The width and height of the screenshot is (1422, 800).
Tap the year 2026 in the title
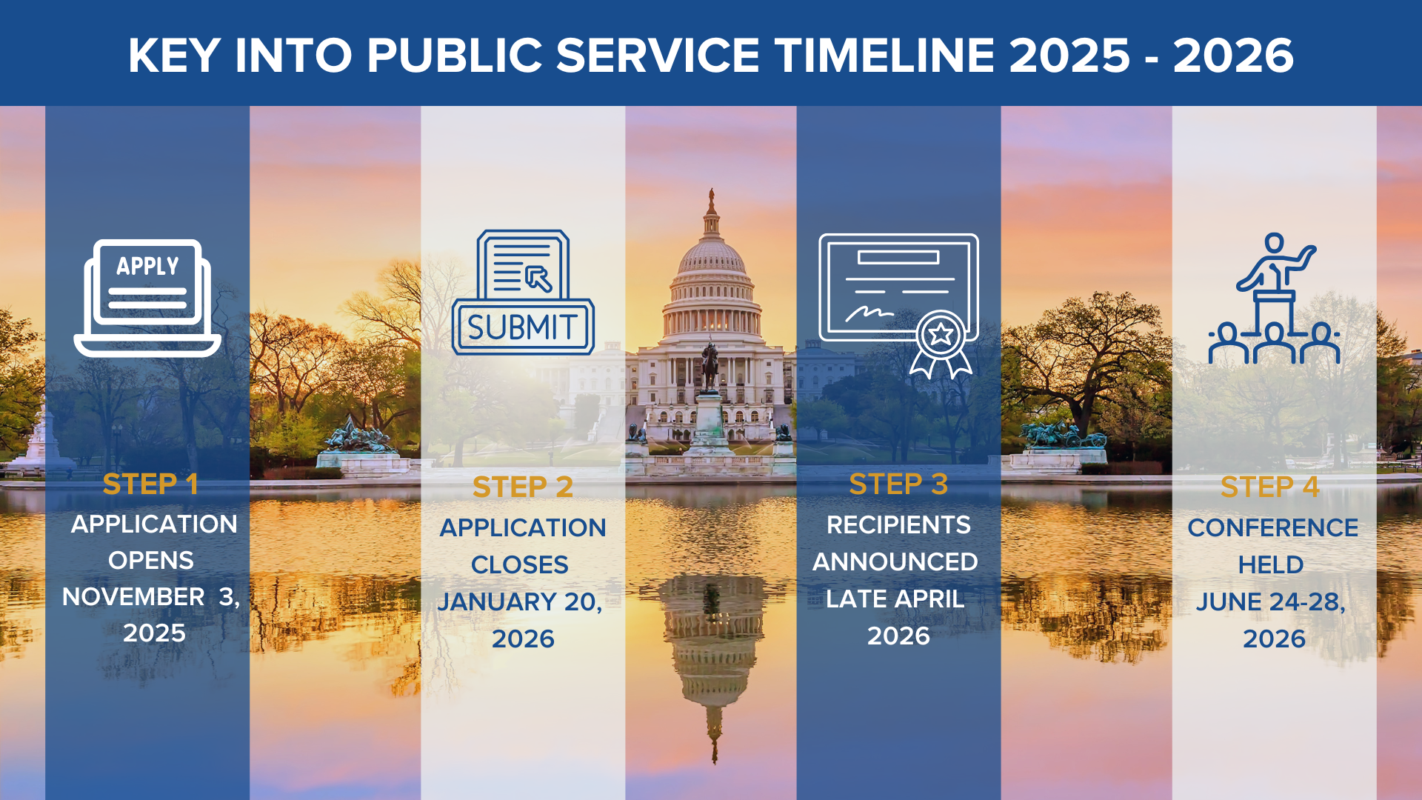(x=1233, y=56)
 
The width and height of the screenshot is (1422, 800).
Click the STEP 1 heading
(x=150, y=484)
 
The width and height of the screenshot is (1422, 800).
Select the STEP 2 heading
(x=523, y=487)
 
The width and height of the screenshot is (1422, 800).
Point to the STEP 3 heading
(x=898, y=484)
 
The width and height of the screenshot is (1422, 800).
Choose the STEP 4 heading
(x=1269, y=487)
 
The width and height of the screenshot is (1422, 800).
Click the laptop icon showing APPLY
(x=147, y=296)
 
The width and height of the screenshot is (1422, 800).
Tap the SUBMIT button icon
(x=523, y=327)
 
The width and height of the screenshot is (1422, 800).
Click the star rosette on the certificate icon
(x=941, y=336)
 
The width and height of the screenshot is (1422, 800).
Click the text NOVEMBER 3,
(x=151, y=597)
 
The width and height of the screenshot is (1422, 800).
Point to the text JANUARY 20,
(x=520, y=602)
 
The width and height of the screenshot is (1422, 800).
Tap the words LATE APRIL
(x=895, y=599)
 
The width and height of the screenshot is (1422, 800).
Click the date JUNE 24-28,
(x=1271, y=602)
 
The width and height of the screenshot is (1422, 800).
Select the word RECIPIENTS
(x=898, y=525)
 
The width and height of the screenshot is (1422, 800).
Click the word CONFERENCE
(x=1272, y=528)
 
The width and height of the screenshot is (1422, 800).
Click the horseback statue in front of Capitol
(x=710, y=366)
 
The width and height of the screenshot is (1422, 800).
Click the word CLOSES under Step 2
(x=520, y=565)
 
